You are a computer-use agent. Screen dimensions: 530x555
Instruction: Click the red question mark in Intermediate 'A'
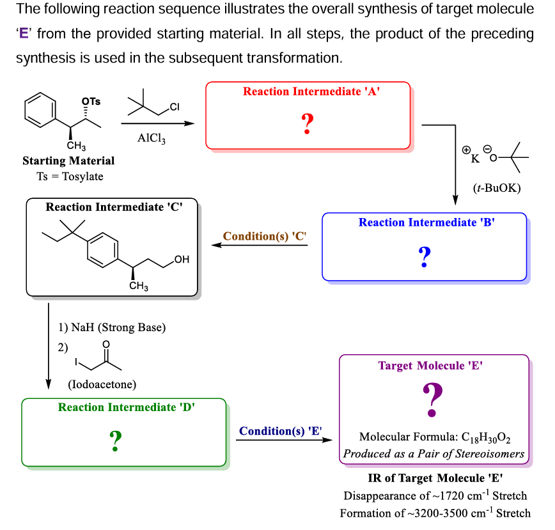tap(308, 123)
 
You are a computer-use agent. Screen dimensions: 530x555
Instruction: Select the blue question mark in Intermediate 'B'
tap(425, 256)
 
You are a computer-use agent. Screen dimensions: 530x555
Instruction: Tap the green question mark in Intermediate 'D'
tap(116, 439)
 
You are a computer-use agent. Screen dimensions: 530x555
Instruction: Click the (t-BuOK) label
tap(497, 188)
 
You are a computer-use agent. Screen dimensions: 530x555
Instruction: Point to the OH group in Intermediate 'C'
tap(182, 260)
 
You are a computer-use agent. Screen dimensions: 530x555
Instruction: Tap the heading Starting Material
tap(68, 161)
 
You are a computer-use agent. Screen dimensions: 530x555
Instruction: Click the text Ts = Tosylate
tap(69, 176)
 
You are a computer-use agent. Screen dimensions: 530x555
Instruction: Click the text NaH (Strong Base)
tap(113, 328)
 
